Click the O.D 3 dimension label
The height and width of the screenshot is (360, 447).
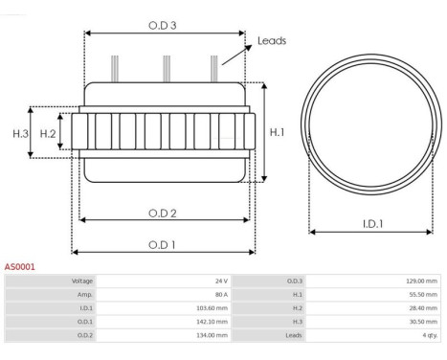pos(163,26)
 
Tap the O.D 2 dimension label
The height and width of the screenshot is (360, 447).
pos(163,214)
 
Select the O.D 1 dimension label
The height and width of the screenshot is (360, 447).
pos(162,245)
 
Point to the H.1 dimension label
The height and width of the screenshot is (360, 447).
pos(277,132)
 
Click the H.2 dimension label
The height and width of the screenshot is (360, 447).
pos(48,134)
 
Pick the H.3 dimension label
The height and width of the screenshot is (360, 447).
pos(21,134)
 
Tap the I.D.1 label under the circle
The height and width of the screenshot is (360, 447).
pos(372,224)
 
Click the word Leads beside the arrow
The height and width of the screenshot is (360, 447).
pos(272,41)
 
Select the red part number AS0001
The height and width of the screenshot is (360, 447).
pos(19,267)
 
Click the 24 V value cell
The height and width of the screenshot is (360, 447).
pos(164,281)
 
